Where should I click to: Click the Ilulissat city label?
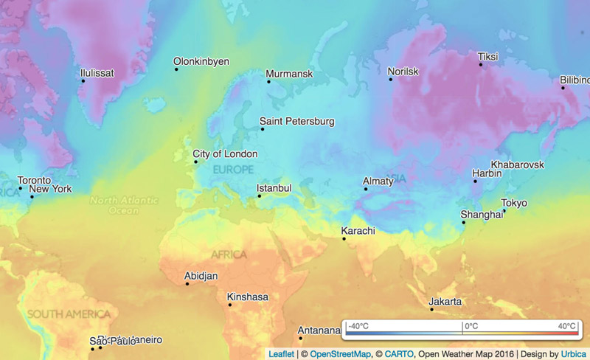click(x=97, y=73)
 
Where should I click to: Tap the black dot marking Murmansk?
click(x=268, y=81)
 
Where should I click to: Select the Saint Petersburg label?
click(x=297, y=121)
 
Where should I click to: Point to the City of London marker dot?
click(x=194, y=162)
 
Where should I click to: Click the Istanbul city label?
click(x=274, y=188)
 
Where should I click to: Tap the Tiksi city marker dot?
click(x=481, y=65)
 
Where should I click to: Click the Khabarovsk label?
click(x=517, y=165)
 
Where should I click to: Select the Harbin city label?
click(x=487, y=173)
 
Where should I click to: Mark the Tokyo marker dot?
click(x=504, y=211)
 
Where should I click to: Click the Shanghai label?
click(x=482, y=215)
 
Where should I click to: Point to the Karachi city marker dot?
click(x=344, y=238)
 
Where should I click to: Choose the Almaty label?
click(x=379, y=181)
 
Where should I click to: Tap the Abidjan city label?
click(x=201, y=276)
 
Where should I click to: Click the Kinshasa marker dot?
click(x=229, y=305)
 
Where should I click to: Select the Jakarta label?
click(x=445, y=302)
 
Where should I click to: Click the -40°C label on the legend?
click(x=358, y=325)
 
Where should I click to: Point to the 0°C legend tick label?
click(x=471, y=325)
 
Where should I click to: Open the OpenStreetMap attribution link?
click(x=340, y=354)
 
